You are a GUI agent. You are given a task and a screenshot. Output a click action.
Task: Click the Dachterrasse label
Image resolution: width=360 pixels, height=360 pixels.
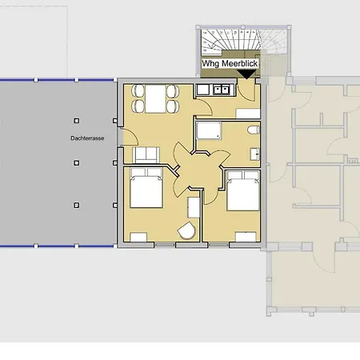pos(87,138)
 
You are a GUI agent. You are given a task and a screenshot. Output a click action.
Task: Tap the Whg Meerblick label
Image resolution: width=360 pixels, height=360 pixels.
pos(230,64)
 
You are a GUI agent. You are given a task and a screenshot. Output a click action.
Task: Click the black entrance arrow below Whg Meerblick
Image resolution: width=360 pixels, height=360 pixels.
pos(246,74)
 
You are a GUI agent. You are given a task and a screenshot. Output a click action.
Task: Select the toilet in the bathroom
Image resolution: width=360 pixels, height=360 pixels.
pos(253,130)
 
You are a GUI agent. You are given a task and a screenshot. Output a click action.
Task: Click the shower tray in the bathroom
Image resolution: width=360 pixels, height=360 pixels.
pos(209,130)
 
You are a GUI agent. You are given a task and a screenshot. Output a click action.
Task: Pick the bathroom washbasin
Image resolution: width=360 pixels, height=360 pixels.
pos(254,154)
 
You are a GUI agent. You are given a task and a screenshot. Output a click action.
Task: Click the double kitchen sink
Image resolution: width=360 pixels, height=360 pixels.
pos(222,90)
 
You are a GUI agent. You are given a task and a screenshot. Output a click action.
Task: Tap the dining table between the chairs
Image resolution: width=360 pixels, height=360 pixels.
pos(155,98)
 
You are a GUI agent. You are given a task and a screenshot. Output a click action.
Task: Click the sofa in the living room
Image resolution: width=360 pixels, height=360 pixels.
pos(146,155)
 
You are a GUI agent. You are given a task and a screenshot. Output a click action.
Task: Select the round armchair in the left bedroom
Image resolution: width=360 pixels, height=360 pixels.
pos(186,230)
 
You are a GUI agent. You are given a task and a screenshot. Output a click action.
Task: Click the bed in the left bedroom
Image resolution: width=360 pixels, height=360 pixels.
pos(146,188)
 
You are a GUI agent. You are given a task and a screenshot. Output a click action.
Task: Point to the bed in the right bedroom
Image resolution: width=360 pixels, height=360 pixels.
pos(243,191)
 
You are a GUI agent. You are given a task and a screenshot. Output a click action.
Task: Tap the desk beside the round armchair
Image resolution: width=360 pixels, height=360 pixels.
pos(194,207)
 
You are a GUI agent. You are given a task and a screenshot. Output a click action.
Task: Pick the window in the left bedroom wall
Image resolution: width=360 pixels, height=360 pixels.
pos(165,245)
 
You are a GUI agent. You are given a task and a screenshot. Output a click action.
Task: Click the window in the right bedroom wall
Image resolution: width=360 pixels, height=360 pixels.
pos(218,245)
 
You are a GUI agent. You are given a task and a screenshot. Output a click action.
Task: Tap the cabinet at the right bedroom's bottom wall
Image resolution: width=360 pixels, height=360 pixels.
pos(246,237)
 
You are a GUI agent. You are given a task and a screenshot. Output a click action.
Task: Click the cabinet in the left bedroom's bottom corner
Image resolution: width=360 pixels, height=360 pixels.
pos(138,237)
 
